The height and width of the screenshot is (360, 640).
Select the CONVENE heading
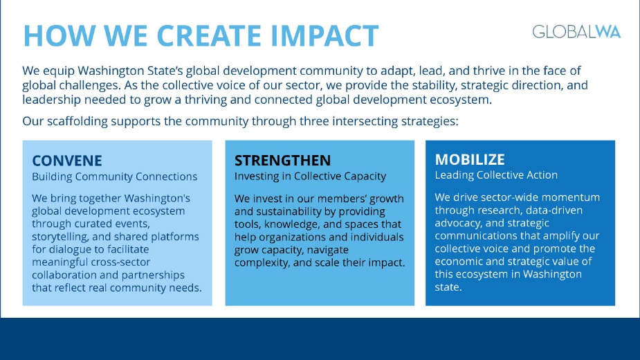pyautogui.click(x=68, y=161)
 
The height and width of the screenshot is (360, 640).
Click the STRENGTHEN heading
pyautogui.click(x=282, y=161)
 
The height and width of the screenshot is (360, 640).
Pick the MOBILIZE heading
pyautogui.click(x=470, y=160)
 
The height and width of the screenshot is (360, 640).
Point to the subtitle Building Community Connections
pyautogui.click(x=115, y=177)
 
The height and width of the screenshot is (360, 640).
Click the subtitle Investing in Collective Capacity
pyautogui.click(x=310, y=177)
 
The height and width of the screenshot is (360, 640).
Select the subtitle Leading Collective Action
pyautogui.click(x=496, y=175)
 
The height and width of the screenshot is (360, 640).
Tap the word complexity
pyautogui.click(x=266, y=262)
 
